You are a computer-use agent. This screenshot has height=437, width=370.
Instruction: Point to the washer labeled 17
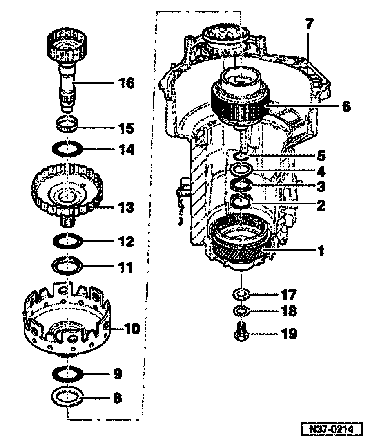point(241,293)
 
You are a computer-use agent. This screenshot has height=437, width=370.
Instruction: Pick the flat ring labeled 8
point(68,398)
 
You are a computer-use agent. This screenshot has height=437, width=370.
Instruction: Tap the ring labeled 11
point(68,266)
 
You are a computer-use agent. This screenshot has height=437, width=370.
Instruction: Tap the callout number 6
point(346,106)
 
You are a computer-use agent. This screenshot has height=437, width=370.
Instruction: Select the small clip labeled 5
point(240,156)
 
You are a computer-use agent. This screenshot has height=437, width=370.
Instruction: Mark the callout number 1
point(321,251)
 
